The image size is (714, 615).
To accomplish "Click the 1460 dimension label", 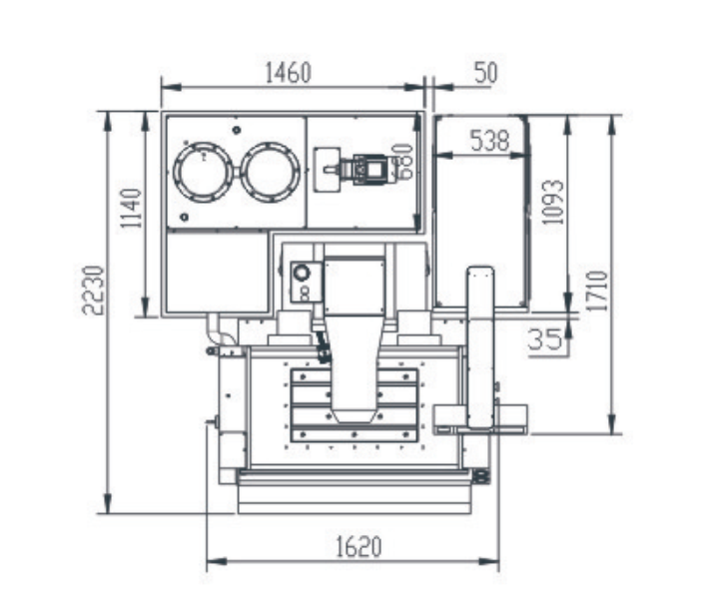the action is click(x=288, y=72).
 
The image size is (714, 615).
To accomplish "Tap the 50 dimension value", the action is click(x=486, y=72).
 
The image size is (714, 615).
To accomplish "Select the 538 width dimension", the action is click(x=489, y=140).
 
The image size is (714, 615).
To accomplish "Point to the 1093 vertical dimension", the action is click(x=553, y=202).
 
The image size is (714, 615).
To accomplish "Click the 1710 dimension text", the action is click(x=597, y=292).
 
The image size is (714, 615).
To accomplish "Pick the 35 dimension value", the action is click(x=545, y=339).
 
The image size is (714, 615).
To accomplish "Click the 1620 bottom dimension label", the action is click(x=358, y=547).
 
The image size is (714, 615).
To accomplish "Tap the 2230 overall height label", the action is click(x=94, y=290).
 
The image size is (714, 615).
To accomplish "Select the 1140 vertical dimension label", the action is click(x=132, y=209).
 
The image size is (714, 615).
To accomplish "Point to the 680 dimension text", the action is click(x=404, y=161).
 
